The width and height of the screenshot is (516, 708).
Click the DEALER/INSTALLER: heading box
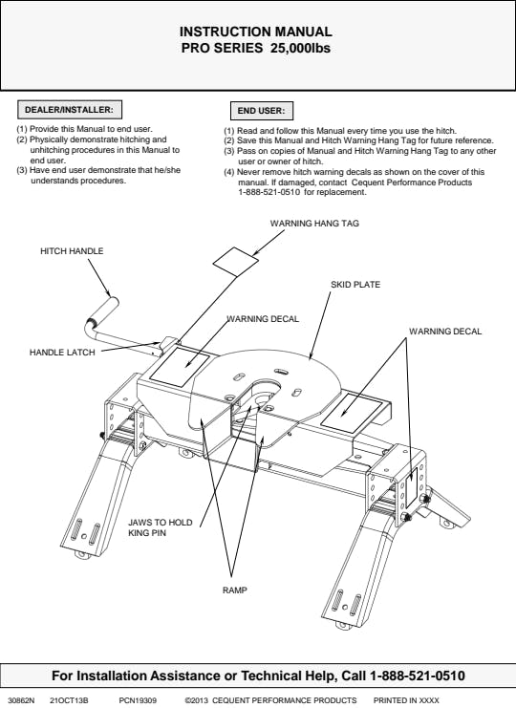coord(70,110)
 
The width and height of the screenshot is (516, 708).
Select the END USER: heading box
coord(262,111)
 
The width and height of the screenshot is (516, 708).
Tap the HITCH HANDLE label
coord(72,251)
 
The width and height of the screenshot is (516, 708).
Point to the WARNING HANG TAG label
coord(314,223)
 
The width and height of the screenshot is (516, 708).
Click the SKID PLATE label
coord(355,285)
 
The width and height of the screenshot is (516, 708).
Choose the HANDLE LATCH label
coord(62,353)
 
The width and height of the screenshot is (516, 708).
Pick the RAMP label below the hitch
coord(235,590)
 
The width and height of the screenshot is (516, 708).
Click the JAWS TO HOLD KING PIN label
coord(161,527)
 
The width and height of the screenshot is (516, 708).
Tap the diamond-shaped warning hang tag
coord(236,262)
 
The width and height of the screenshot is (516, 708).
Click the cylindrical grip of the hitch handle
coord(103,311)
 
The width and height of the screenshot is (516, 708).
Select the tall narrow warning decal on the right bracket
coord(411,487)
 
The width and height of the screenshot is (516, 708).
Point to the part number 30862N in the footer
coord(21,700)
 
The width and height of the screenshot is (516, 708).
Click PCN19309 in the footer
coord(138,700)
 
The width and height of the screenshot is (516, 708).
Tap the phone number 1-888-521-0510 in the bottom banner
coord(418,676)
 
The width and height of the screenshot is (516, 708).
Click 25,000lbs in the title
coord(300,48)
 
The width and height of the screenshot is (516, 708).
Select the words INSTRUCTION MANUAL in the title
coord(255,32)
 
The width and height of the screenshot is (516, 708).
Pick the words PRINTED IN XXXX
coord(406,700)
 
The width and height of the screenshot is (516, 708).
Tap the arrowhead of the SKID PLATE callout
coord(311,357)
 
